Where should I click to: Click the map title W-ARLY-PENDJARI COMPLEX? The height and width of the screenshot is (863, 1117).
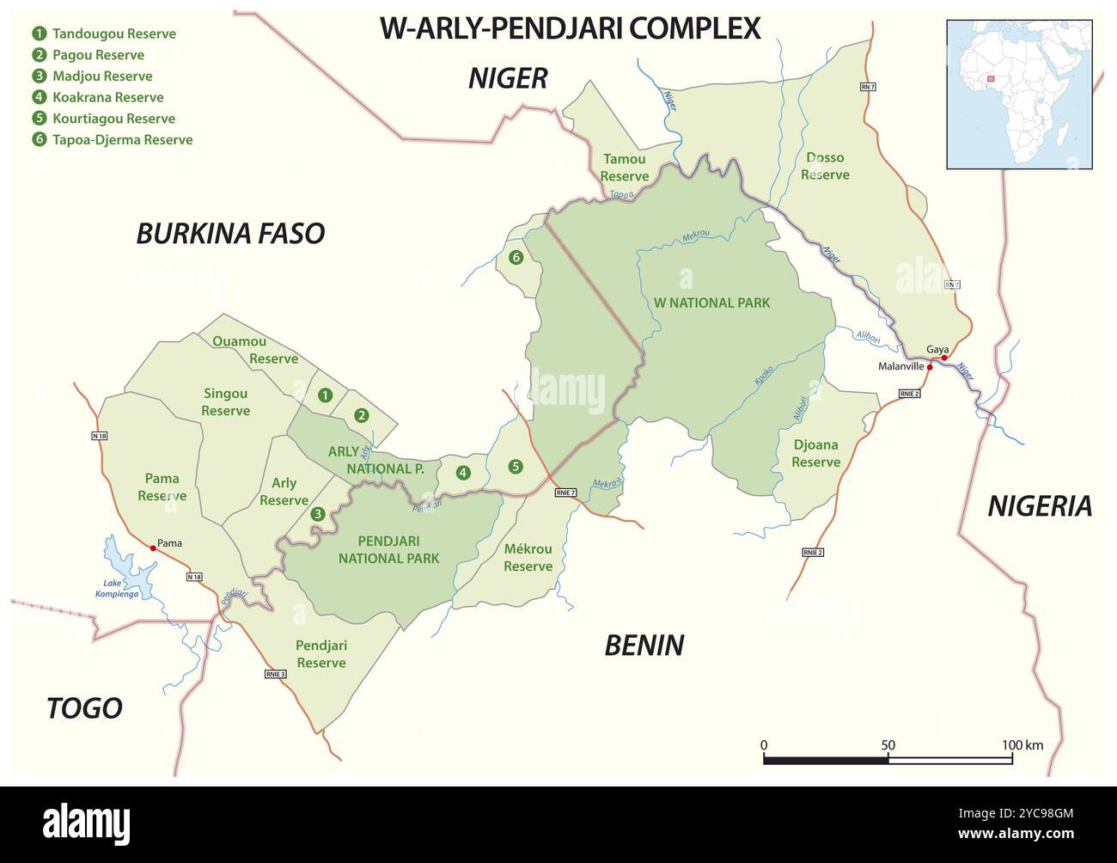(570, 28)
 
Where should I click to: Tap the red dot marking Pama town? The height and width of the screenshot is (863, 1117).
(153, 547)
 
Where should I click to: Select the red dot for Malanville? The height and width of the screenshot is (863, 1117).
(930, 366)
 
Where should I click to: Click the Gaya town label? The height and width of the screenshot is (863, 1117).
(937, 349)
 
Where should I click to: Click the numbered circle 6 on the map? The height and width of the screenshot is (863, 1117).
(516, 257)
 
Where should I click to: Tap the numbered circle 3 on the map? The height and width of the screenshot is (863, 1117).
(318, 514)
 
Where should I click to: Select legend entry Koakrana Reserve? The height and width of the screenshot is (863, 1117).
(107, 97)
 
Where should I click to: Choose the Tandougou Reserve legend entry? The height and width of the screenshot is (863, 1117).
(113, 34)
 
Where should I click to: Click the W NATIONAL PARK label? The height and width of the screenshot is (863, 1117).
(711, 303)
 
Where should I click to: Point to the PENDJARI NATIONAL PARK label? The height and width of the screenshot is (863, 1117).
(388, 549)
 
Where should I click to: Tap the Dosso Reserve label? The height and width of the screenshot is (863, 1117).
(825, 166)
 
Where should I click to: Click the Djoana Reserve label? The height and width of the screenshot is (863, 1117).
(815, 453)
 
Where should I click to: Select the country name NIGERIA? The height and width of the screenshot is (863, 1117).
(1040, 506)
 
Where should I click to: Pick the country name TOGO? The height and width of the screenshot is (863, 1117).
(84, 707)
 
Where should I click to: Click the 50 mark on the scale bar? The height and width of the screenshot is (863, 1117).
(888, 745)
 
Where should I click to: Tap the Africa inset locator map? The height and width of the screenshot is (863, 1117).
(1019, 95)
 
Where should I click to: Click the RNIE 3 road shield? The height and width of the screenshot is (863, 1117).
(275, 674)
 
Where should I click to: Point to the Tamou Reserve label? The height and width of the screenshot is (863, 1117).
(624, 168)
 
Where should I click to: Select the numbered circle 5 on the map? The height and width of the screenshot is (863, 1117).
(516, 467)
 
